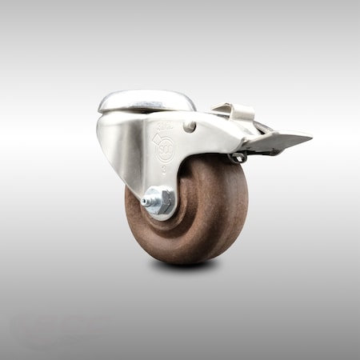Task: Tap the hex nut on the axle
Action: [x=161, y=199]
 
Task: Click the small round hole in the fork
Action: [x=189, y=126]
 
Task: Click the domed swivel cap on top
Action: [x=147, y=101]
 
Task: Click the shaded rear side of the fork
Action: [x=112, y=148]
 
